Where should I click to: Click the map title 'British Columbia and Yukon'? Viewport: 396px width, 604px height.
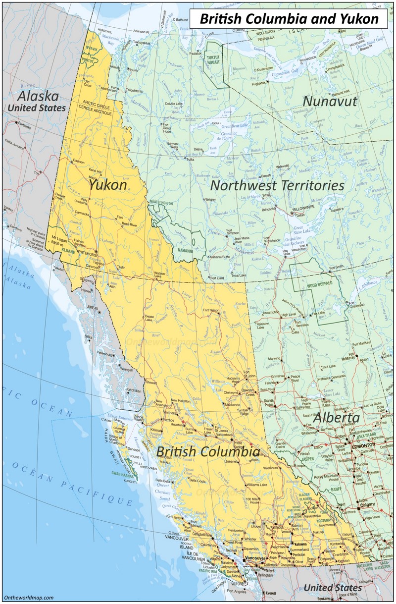(x=289, y=19)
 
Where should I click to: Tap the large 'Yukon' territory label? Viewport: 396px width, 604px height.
(x=107, y=184)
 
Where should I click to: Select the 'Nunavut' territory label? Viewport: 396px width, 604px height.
(x=329, y=101)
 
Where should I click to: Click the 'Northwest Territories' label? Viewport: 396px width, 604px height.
(x=277, y=185)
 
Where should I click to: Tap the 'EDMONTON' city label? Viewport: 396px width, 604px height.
(x=363, y=446)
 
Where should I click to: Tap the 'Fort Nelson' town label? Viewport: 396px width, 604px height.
(x=211, y=310)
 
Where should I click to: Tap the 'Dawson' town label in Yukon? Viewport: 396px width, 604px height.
(x=79, y=162)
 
